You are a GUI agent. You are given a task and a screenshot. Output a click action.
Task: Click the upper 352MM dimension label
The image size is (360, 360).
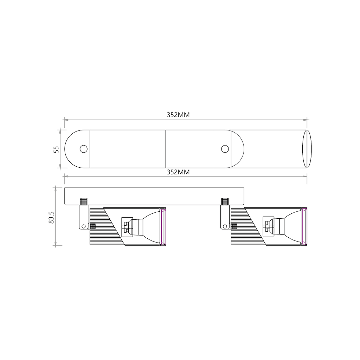tap(178, 115)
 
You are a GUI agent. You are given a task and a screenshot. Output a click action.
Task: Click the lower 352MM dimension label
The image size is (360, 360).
tap(178, 172)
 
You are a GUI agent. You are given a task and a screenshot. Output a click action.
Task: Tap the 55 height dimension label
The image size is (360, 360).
tap(56, 149)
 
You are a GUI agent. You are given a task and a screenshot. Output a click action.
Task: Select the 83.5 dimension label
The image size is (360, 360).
tap(51, 217)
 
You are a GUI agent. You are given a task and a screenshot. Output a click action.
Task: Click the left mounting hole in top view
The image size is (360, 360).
tap(84, 149)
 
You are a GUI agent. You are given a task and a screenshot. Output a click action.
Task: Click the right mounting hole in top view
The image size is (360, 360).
tap(225, 149)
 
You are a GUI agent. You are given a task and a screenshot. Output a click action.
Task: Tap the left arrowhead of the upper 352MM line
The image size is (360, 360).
tap(66, 120)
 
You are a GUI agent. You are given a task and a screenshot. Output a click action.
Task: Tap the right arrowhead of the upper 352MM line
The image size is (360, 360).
tap(305, 120)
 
